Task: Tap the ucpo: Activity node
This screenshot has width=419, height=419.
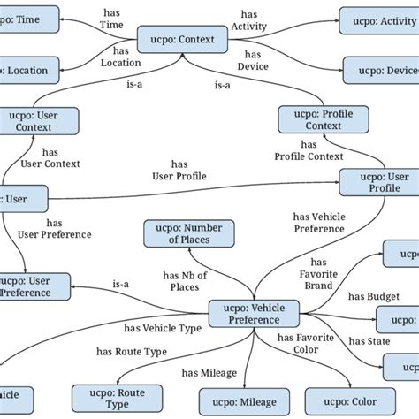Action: tap(378, 19)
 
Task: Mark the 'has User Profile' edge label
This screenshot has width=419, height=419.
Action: tap(179, 170)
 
